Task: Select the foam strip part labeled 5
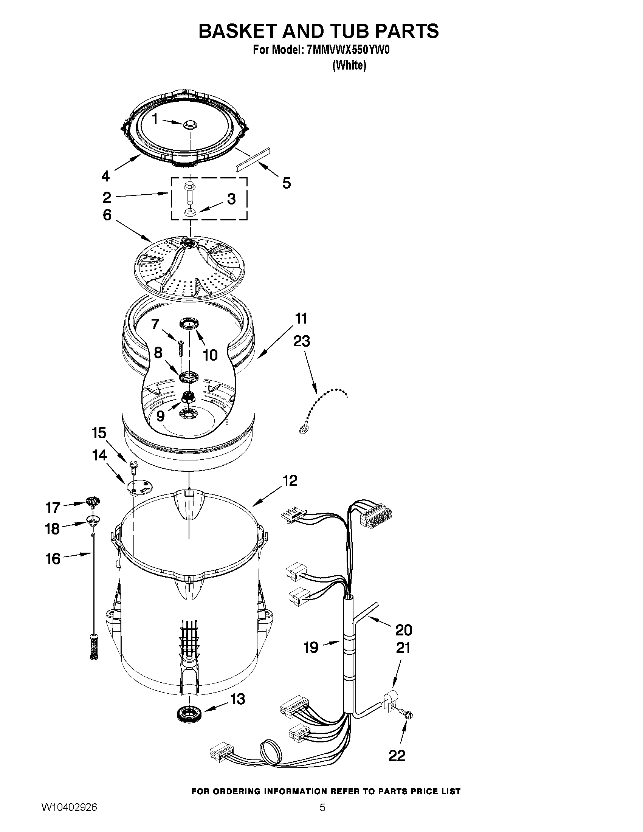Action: [252, 160]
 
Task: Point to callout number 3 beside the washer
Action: [231, 199]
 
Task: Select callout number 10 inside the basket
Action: [210, 355]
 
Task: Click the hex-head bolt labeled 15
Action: [134, 465]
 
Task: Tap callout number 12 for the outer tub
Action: [290, 481]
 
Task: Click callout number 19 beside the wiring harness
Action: [311, 647]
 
